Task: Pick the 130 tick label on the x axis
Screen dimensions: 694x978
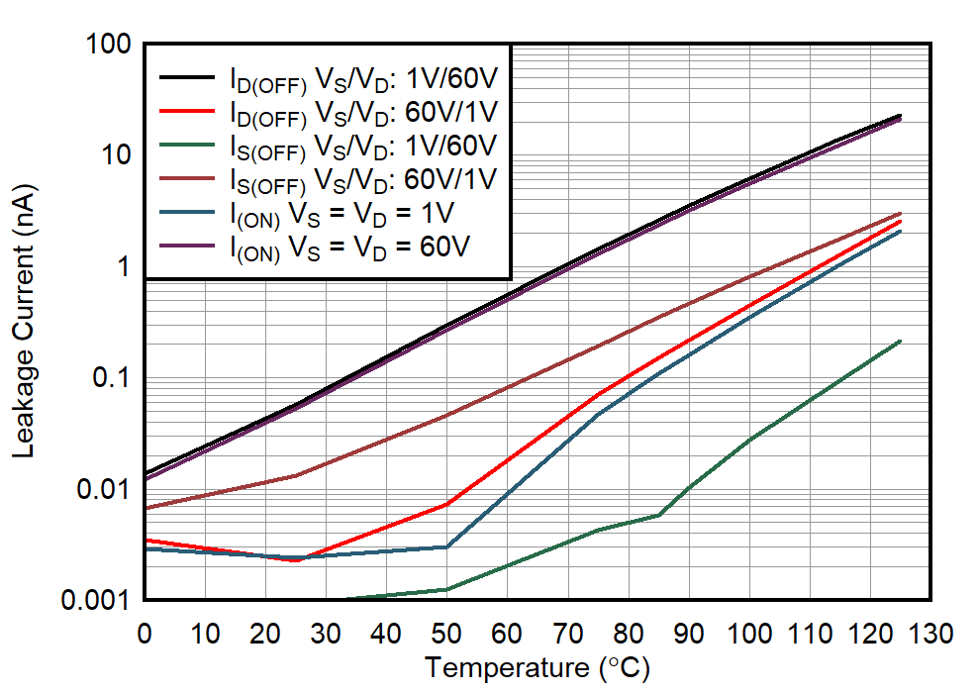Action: click(930, 632)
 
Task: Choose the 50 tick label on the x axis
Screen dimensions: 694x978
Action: click(446, 632)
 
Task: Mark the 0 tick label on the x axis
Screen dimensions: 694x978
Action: click(145, 632)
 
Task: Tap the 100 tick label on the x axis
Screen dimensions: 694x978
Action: click(749, 632)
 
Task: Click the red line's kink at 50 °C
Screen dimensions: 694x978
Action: click(446, 505)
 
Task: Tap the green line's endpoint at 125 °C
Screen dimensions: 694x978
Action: click(900, 341)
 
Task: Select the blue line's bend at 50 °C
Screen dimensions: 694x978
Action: click(446, 546)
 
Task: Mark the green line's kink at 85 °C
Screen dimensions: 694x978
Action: click(658, 515)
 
